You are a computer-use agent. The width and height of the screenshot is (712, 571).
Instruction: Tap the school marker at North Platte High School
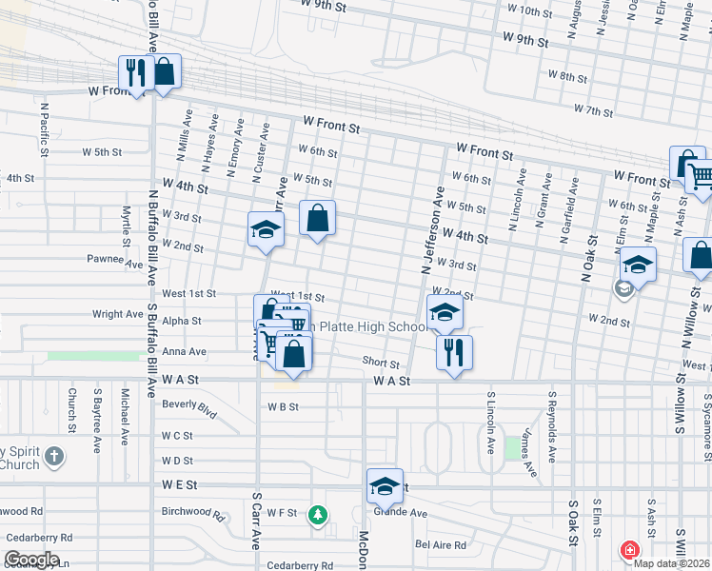[x=445, y=311]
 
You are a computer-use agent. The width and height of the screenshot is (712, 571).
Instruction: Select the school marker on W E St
[x=385, y=486]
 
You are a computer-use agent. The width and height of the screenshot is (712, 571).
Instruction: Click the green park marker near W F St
[x=318, y=516]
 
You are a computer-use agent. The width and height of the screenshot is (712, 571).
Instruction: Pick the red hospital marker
[x=629, y=549]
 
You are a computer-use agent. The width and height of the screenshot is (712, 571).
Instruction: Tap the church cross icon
[x=55, y=456]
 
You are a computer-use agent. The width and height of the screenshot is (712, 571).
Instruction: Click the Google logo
[x=30, y=560]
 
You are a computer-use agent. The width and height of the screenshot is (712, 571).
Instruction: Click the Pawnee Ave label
[x=105, y=258]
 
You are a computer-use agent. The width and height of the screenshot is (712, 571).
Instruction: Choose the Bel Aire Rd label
[x=441, y=545]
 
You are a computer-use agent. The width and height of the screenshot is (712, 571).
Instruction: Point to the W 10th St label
[x=530, y=11]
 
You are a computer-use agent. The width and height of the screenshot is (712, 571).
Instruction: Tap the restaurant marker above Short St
[x=454, y=352]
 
